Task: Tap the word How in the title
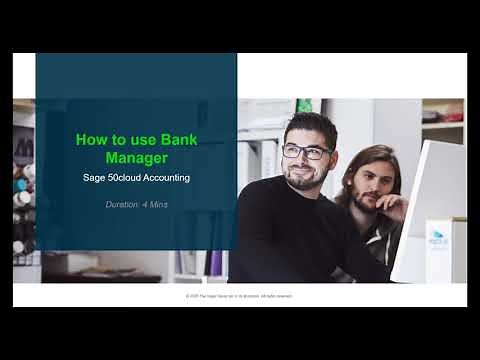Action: (92, 140)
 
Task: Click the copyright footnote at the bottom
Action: (239, 296)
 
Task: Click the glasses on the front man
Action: (306, 153)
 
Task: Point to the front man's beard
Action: (305, 181)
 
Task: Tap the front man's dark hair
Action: (305, 125)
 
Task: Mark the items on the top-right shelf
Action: (443, 113)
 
